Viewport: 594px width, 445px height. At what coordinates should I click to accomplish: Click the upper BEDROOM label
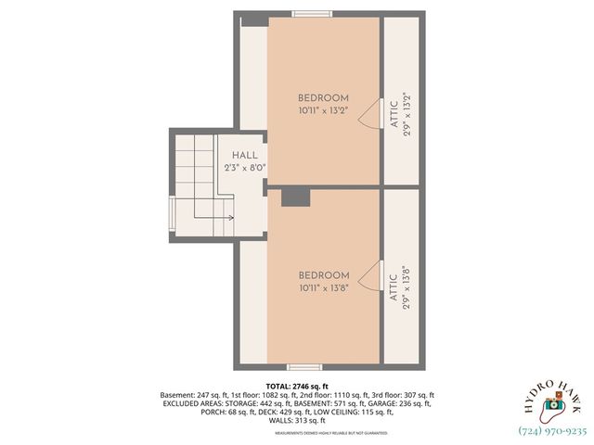[323, 98]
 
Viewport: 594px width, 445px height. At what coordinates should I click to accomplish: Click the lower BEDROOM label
[324, 275]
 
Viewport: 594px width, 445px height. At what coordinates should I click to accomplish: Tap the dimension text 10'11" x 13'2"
[323, 110]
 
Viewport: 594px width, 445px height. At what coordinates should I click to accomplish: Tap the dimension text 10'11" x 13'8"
[324, 288]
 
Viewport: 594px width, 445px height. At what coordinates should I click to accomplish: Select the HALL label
[245, 156]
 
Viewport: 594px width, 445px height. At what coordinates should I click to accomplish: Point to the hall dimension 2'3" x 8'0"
[245, 168]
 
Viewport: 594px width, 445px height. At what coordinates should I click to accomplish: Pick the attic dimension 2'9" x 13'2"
[407, 118]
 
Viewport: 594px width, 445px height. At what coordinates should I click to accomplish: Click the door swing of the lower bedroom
[370, 277]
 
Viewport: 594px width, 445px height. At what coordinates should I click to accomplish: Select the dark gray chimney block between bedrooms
[295, 197]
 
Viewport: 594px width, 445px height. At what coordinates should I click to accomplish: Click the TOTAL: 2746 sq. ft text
[297, 386]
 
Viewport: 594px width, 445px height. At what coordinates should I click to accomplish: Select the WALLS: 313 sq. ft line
[297, 420]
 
